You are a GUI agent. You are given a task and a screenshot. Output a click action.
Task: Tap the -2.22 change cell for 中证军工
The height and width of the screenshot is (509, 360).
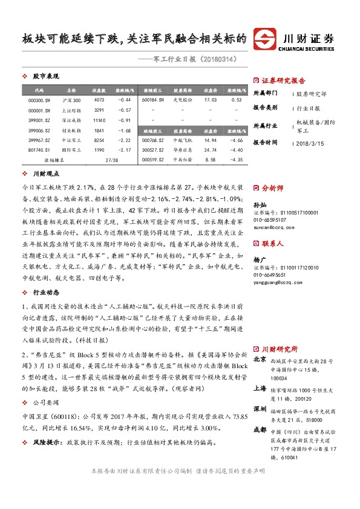tap(124, 140)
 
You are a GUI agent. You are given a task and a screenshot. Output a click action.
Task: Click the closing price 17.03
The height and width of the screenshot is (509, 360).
tap(211, 100)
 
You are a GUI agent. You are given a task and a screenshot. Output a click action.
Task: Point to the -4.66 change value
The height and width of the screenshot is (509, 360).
tap(236, 140)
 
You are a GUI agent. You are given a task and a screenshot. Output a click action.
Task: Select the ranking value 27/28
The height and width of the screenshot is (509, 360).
tap(111, 160)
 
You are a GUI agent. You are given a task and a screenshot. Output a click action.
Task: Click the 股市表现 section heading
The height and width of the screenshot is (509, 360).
tap(45, 77)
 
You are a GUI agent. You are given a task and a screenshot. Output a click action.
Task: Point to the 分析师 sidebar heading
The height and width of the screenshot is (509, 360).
tap(272, 188)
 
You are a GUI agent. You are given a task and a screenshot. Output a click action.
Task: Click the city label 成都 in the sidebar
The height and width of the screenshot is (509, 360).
tap(259, 430)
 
